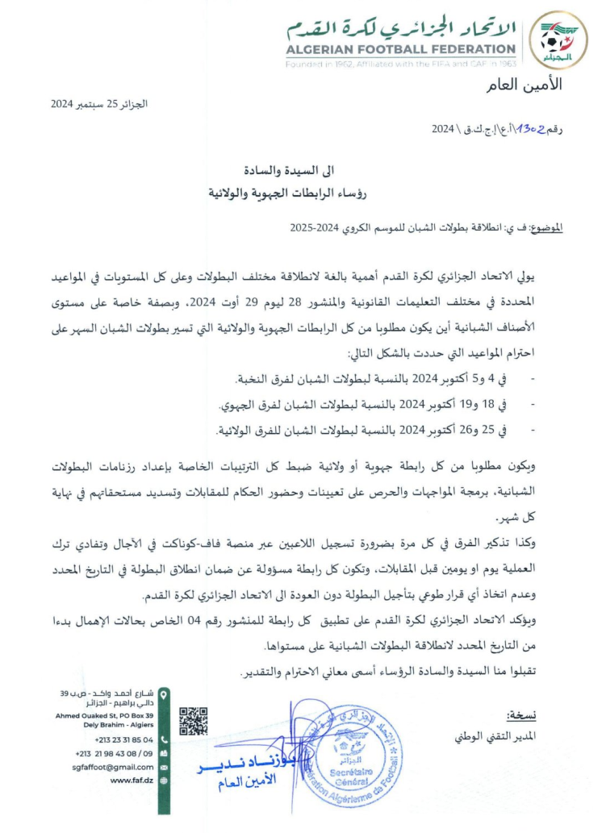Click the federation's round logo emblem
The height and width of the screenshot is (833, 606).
[x=563, y=40]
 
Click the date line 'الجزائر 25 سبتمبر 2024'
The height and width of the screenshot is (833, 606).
[x=100, y=104]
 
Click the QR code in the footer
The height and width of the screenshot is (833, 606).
[x=194, y=723]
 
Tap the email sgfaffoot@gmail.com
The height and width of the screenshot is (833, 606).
[x=114, y=767]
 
